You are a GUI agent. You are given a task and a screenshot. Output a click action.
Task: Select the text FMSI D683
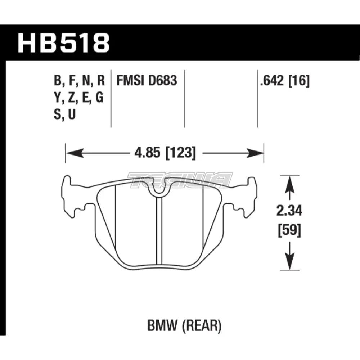click(x=147, y=81)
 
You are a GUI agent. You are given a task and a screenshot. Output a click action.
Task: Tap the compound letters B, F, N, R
click(x=79, y=81)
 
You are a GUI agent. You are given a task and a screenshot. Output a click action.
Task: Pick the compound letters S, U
click(x=64, y=115)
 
